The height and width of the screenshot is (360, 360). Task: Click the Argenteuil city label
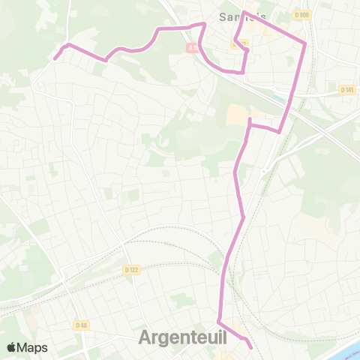[183, 338]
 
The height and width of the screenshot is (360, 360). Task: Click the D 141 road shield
[346, 89]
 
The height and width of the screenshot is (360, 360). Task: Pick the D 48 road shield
[82, 325]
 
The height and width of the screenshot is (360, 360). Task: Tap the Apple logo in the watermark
[12, 347]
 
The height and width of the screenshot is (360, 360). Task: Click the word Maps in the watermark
[34, 347]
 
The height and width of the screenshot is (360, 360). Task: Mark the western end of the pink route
[55, 57]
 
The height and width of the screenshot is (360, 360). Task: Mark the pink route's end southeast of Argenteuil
[250, 346]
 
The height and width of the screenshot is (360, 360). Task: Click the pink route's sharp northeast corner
[305, 43]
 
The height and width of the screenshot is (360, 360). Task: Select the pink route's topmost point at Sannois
[244, 12]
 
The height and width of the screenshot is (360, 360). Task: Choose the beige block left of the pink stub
[237, 114]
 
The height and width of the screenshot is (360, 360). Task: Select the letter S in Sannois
[223, 16]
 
